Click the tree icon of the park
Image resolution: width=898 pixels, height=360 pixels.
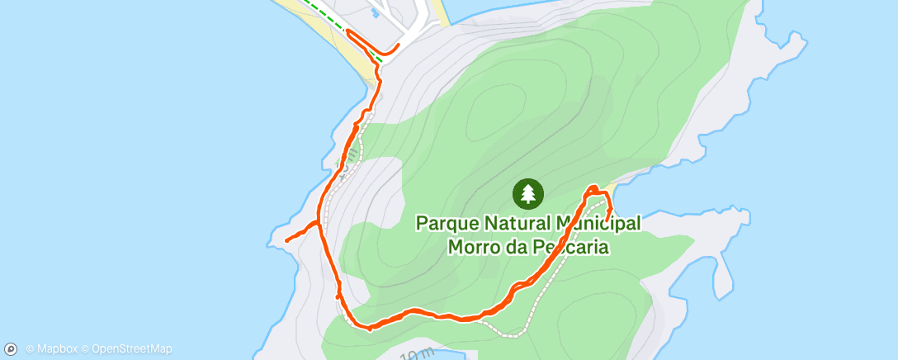coord(528,193)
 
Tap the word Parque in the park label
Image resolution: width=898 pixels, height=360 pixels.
coord(445,223)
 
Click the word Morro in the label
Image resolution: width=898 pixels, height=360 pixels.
coord(472,246)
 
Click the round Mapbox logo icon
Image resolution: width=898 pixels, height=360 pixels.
coord(12,349)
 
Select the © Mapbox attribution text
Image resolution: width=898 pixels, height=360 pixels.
coord(53,349)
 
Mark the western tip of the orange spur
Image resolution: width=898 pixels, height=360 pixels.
coord(286,240)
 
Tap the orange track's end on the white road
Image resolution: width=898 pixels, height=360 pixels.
coord(399,45)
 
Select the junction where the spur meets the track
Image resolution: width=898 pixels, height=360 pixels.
coord(319,223)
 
